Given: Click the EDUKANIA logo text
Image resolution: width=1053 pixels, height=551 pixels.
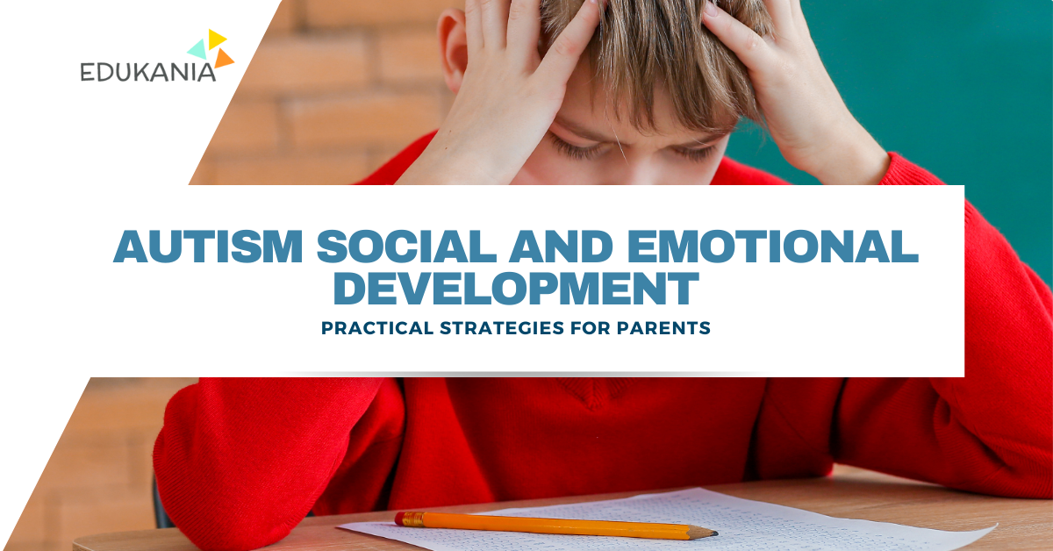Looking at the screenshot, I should click(x=147, y=72).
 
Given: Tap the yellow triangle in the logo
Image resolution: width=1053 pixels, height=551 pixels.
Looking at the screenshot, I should click(x=217, y=39).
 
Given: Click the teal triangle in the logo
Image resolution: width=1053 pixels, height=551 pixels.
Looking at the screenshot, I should click(x=198, y=48).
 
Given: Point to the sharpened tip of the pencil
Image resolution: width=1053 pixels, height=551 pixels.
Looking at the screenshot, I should click(x=713, y=532).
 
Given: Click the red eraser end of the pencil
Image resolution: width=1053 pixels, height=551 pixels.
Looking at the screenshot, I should click(x=402, y=519).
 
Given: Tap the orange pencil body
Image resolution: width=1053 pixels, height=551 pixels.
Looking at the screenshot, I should click(x=553, y=526).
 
